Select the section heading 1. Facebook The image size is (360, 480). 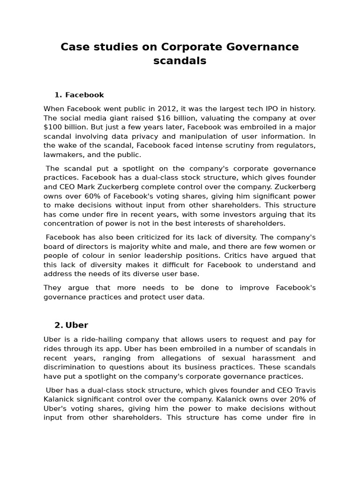(x=79, y=95)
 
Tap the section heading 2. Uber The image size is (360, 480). (x=71, y=325)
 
